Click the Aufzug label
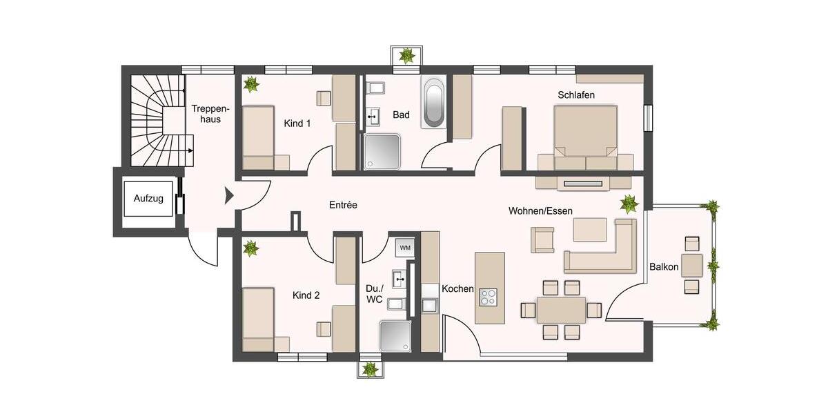148,199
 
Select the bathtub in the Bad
433,103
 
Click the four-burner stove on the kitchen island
489,296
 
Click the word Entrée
343,205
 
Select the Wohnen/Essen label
540,210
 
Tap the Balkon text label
664,267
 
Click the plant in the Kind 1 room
252,85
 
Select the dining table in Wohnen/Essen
561,310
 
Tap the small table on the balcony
691,265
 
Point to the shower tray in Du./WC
395,336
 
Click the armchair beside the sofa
542,239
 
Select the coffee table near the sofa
589,229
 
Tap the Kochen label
457,289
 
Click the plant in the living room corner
629,204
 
